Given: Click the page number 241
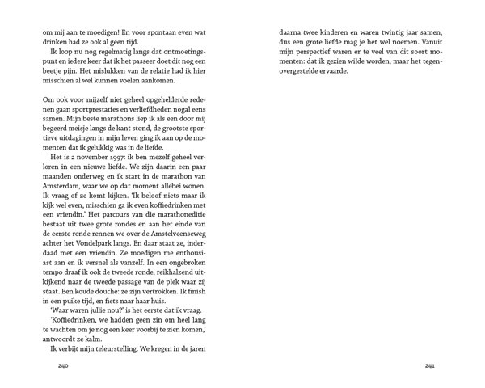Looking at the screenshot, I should [430, 366].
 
